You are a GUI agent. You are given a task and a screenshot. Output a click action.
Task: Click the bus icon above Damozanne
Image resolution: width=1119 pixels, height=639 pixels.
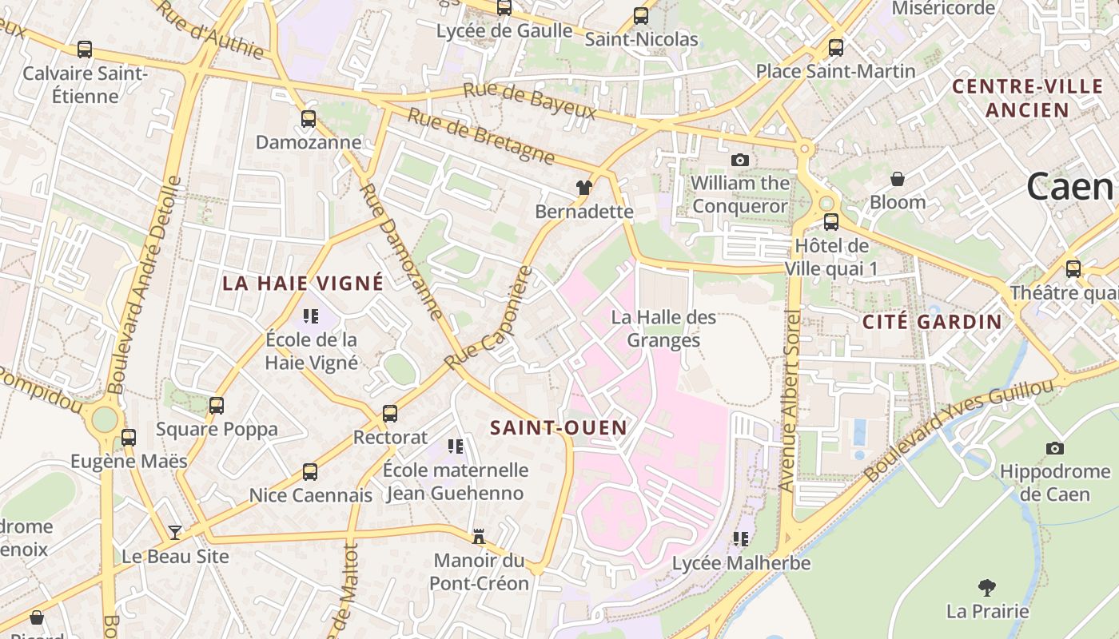[309, 119]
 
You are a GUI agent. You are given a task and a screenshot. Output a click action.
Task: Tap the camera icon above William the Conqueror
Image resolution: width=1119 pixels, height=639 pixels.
[740, 160]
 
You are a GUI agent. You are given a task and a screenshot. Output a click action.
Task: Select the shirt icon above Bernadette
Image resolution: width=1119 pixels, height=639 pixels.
[584, 188]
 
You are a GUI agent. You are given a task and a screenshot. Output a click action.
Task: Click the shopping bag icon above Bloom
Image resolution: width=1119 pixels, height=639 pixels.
[898, 178]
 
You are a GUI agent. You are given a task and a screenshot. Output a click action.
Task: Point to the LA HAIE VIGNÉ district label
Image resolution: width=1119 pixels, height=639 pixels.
[303, 283]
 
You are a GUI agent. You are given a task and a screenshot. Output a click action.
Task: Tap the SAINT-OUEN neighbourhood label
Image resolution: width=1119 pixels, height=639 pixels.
[559, 427]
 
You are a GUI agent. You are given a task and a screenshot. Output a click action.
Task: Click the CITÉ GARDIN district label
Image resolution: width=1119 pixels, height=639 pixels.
[932, 322]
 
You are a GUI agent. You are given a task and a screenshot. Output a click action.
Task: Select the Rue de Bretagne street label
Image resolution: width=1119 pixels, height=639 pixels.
[480, 136]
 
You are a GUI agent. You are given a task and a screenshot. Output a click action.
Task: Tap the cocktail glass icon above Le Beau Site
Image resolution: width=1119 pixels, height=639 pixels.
[175, 532]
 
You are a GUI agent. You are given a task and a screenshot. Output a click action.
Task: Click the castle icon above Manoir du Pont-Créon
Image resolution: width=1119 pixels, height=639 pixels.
[479, 536]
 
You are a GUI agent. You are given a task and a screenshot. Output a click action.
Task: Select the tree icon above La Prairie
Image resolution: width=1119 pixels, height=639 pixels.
[987, 588]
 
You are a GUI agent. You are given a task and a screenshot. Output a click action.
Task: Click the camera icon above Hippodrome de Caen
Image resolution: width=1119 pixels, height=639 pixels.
[1055, 448]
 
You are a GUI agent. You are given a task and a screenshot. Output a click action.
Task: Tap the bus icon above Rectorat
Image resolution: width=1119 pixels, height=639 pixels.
[390, 414]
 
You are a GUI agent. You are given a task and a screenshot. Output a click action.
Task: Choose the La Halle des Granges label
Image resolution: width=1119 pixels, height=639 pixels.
[663, 329]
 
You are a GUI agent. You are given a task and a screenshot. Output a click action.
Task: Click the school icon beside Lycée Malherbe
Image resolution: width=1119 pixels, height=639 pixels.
[741, 539]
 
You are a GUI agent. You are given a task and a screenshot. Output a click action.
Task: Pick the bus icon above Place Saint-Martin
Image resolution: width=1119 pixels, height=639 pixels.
[836, 47]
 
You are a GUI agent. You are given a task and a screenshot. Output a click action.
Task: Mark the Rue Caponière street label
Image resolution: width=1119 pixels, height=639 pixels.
[489, 318]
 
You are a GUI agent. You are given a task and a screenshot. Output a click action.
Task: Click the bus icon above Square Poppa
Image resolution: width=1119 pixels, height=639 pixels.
[217, 405]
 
